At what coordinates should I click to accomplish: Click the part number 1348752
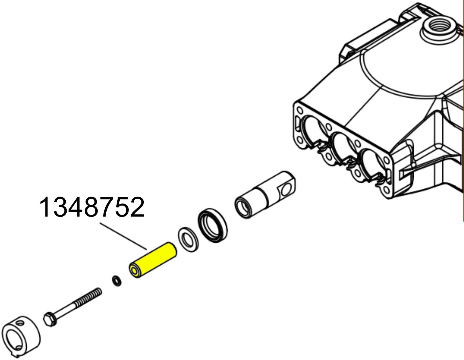tap(92, 207)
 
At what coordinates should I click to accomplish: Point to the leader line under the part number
tap(123, 236)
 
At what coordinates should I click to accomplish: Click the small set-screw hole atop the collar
tap(20, 323)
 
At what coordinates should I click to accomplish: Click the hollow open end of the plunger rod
tap(243, 207)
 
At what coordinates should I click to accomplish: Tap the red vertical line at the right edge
tap(463, 120)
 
